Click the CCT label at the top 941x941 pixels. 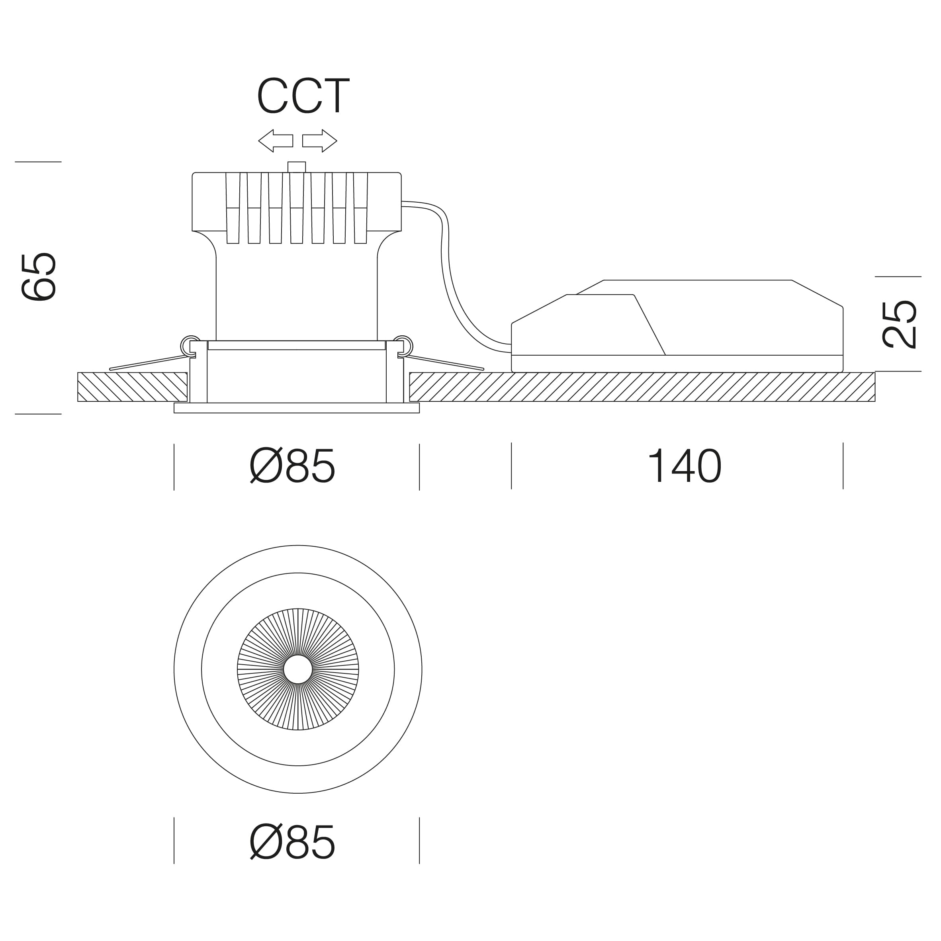303,96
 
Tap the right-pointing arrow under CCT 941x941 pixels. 319,141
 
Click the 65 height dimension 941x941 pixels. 39,277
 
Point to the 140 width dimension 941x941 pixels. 684,466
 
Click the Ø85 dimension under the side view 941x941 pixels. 292,466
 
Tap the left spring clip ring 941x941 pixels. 190,345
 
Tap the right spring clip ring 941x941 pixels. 403,345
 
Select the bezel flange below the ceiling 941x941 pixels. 297,408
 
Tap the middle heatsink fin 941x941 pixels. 297,209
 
